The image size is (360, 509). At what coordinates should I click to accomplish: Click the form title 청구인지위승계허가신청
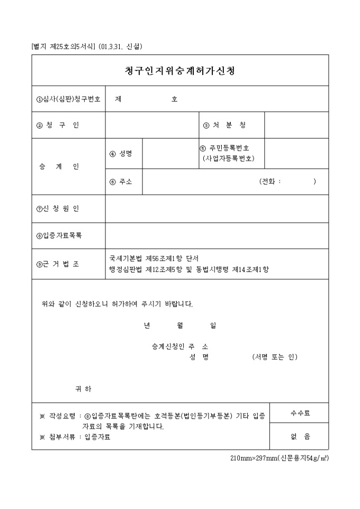coord(180,70)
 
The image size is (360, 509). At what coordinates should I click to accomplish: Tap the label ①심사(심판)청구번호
coord(68,99)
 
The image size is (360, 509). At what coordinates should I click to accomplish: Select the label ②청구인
coord(58,125)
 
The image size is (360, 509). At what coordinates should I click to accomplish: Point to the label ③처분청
coord(224,125)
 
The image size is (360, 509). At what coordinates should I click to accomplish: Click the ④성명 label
coord(121,154)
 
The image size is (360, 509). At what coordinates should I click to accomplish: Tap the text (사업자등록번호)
coord(228,158)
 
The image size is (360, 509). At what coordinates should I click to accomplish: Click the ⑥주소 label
coord(121,181)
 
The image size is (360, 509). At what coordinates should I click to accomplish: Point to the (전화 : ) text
coord(287,181)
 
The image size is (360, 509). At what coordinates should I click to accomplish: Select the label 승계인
coord(59,167)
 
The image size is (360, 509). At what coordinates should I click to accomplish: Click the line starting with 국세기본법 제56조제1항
coord(154,259)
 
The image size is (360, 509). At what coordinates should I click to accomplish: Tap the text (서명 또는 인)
coord(275,357)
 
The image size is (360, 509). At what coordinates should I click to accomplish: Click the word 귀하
coord(84,389)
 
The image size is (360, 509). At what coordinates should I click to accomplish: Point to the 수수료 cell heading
coord(300,413)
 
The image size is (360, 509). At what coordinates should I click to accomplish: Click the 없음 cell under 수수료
coord(300,437)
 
